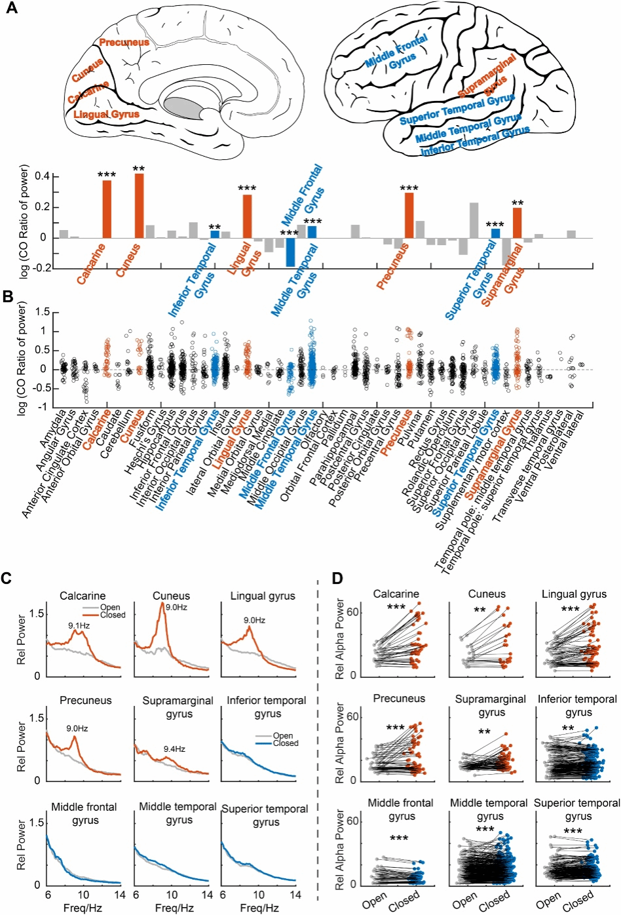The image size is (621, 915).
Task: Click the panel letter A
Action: tap(11, 10)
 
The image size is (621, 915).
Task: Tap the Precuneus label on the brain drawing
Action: tap(124, 43)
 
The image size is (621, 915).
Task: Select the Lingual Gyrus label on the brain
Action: tap(107, 115)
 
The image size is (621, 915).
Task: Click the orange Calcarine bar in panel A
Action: tap(107, 209)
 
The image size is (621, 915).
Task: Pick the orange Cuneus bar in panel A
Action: tap(139, 206)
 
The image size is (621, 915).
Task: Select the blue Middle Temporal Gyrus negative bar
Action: tap(290, 252)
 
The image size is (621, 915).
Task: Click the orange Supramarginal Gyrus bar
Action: tap(517, 223)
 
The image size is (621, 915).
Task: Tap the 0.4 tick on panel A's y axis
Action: tap(43, 176)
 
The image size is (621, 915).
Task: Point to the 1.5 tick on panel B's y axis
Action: tap(43, 312)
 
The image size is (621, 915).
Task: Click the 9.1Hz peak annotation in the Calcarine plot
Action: tap(79, 627)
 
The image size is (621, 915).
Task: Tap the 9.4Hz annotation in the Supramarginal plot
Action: tap(174, 749)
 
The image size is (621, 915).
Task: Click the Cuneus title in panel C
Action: tap(171, 596)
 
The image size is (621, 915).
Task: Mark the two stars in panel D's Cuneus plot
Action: tap(480, 610)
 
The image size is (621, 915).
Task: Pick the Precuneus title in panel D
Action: tap(399, 698)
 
